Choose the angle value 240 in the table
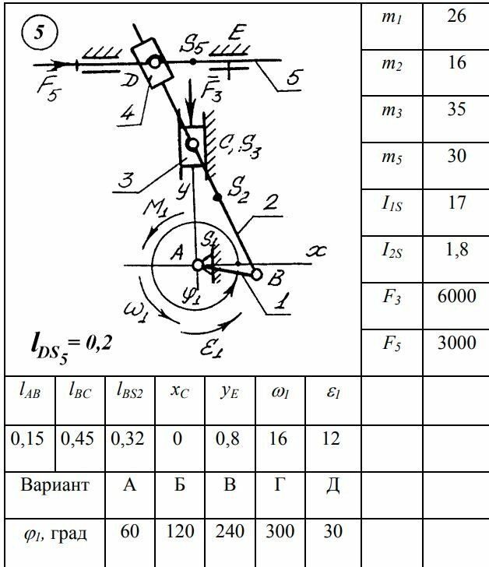point(229,532)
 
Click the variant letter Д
point(332,485)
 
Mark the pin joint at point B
point(256,274)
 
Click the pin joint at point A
point(198,266)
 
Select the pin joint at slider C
point(191,143)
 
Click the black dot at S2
point(217,199)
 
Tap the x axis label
point(316,251)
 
